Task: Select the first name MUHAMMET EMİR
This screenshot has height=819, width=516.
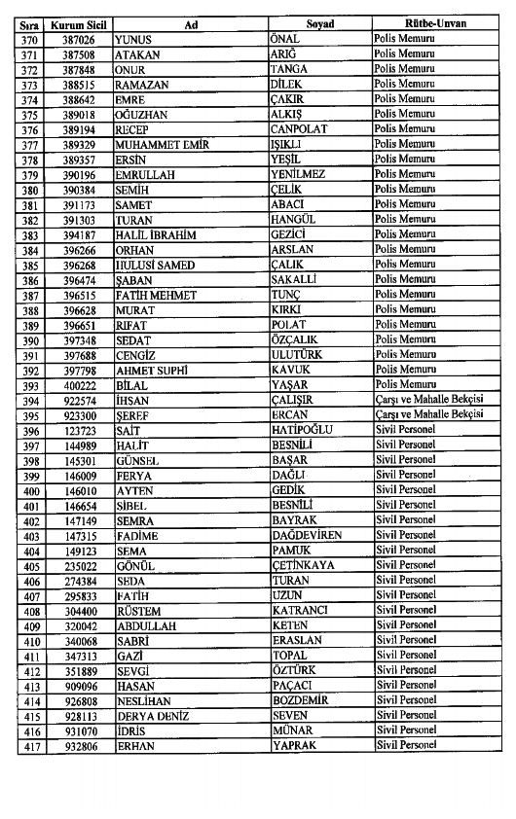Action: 160,144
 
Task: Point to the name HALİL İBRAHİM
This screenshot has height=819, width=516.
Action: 156,234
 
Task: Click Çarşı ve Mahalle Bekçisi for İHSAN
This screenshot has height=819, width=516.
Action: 429,400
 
